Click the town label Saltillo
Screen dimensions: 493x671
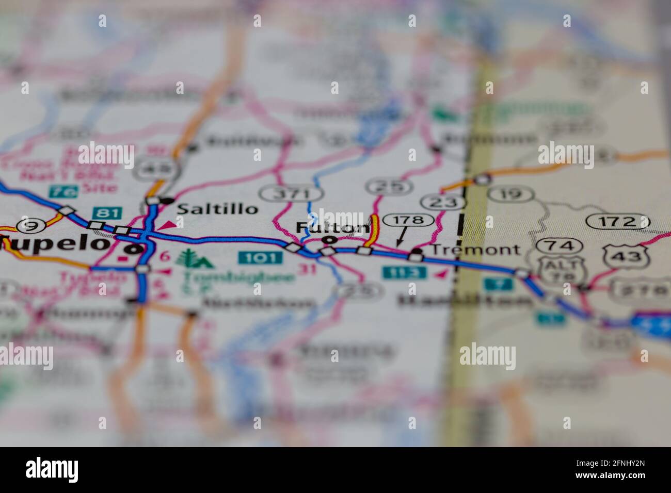pyautogui.click(x=217, y=209)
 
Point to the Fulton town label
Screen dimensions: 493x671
pyautogui.click(x=333, y=227)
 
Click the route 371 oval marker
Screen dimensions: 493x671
pyautogui.click(x=292, y=194)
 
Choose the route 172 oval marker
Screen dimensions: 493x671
pyautogui.click(x=618, y=222)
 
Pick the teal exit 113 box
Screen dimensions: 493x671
pyautogui.click(x=405, y=272)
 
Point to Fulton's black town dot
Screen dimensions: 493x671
pyautogui.click(x=329, y=240)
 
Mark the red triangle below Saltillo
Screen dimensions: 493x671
pyautogui.click(x=167, y=225)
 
